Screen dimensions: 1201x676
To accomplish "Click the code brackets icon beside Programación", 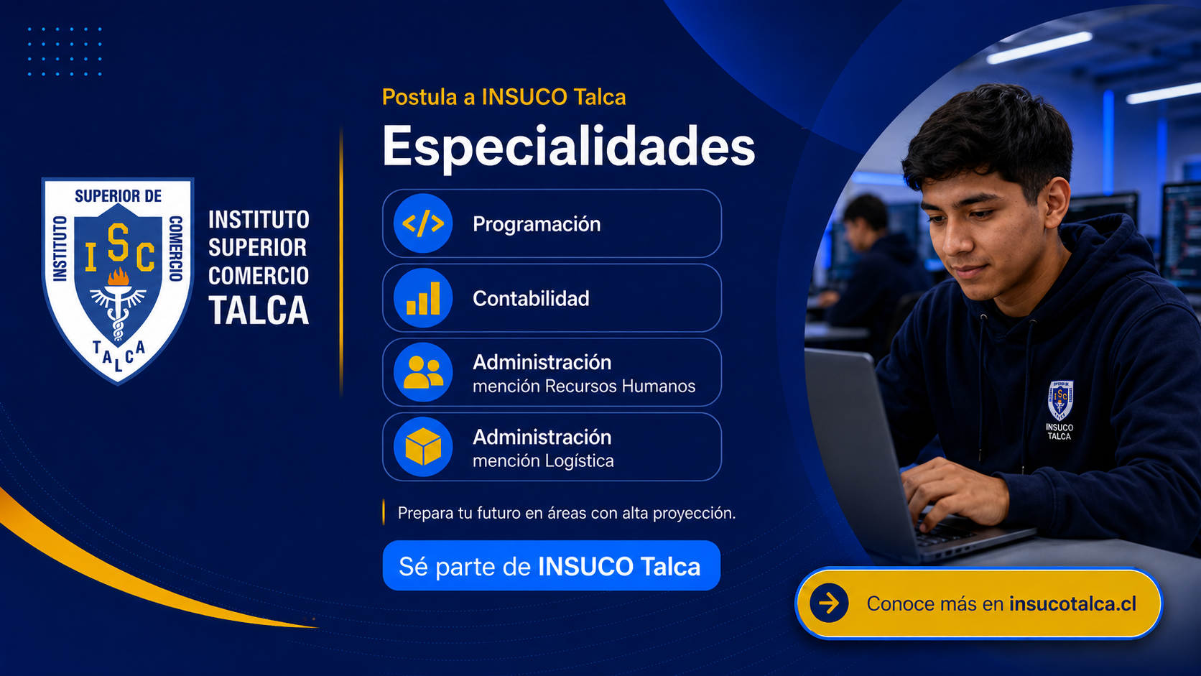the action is (423, 223).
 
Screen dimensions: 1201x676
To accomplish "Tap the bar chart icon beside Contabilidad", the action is (423, 298).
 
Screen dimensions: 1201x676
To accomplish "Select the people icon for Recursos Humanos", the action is (423, 372).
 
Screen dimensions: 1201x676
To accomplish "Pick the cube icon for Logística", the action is (423, 447).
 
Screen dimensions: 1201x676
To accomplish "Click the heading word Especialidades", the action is (568, 147).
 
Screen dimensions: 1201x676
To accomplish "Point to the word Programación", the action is (536, 224).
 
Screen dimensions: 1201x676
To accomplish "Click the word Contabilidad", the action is (531, 299).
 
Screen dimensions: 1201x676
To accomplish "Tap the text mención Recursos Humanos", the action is (584, 386).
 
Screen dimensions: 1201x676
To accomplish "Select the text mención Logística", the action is (543, 460).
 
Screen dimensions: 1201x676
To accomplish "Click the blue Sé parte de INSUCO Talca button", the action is (551, 565).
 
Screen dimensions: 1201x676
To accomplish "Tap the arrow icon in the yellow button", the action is (829, 603).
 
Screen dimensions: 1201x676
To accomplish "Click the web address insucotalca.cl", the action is (1072, 603).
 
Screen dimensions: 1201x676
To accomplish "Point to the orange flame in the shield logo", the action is (119, 277).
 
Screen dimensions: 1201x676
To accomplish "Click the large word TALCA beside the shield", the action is (259, 310).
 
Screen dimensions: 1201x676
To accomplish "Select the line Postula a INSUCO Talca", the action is (504, 97).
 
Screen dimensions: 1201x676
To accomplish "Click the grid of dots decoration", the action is (65, 52).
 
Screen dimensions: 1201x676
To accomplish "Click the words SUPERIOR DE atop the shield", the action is (118, 196).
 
